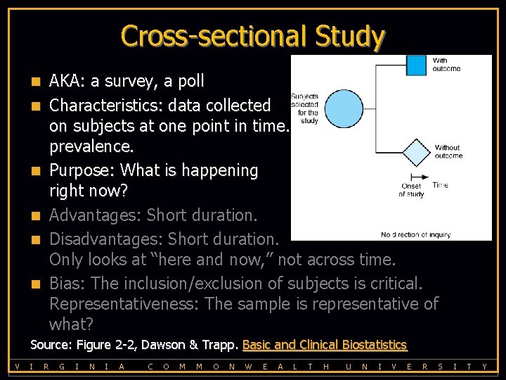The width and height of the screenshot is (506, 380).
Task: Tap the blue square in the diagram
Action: [417, 65]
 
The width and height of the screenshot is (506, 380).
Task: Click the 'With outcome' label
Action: [446, 65]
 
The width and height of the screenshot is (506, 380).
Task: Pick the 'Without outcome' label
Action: [448, 152]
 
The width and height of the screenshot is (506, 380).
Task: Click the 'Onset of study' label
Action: [411, 190]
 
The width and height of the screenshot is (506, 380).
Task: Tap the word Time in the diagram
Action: [440, 185]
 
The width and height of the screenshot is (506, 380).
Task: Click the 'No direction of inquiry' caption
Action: [415, 234]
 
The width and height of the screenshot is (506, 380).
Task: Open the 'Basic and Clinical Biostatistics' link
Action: [325, 345]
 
